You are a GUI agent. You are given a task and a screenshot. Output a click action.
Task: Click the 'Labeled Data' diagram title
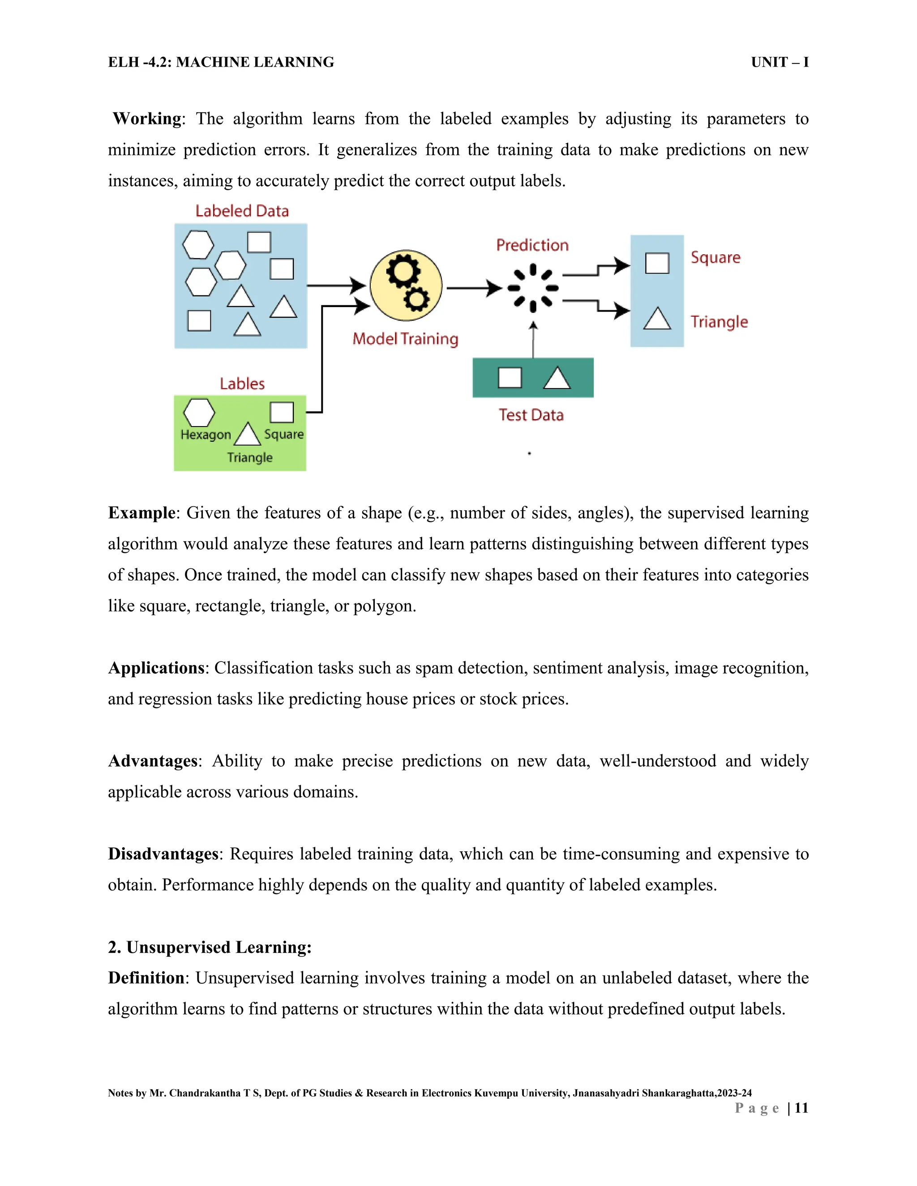[x=242, y=211]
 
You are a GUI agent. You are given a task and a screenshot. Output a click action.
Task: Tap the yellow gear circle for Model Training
[x=406, y=286]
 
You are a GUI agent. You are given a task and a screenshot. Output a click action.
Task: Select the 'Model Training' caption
[x=405, y=339]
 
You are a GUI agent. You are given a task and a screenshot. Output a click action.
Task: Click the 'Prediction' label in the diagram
[x=532, y=245]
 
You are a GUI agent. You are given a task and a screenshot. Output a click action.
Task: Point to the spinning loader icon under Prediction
[x=533, y=288]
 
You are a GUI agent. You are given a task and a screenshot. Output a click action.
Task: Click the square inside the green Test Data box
[x=510, y=377]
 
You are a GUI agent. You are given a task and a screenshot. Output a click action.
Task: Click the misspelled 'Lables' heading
[x=242, y=384]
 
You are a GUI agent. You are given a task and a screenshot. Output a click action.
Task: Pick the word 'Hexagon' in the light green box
[x=206, y=435]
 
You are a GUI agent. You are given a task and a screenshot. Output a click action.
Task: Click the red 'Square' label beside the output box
[x=715, y=258]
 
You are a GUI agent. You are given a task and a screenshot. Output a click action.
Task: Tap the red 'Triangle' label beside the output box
[x=719, y=322]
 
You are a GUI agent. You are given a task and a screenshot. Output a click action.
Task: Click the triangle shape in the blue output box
[x=657, y=319]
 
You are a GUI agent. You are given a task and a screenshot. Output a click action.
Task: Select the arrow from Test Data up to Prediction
[x=533, y=339]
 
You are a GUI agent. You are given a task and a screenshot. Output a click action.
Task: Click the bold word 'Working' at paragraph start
[x=147, y=119]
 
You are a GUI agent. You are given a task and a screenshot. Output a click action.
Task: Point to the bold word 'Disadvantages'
[x=163, y=854]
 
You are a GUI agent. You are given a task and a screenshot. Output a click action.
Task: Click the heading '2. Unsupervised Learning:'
[x=210, y=947]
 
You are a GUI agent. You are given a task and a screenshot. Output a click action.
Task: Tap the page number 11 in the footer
[x=801, y=1108]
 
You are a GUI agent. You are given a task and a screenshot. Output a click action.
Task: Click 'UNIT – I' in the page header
[x=780, y=63]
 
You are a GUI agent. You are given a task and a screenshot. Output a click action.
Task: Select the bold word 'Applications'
[x=156, y=668]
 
